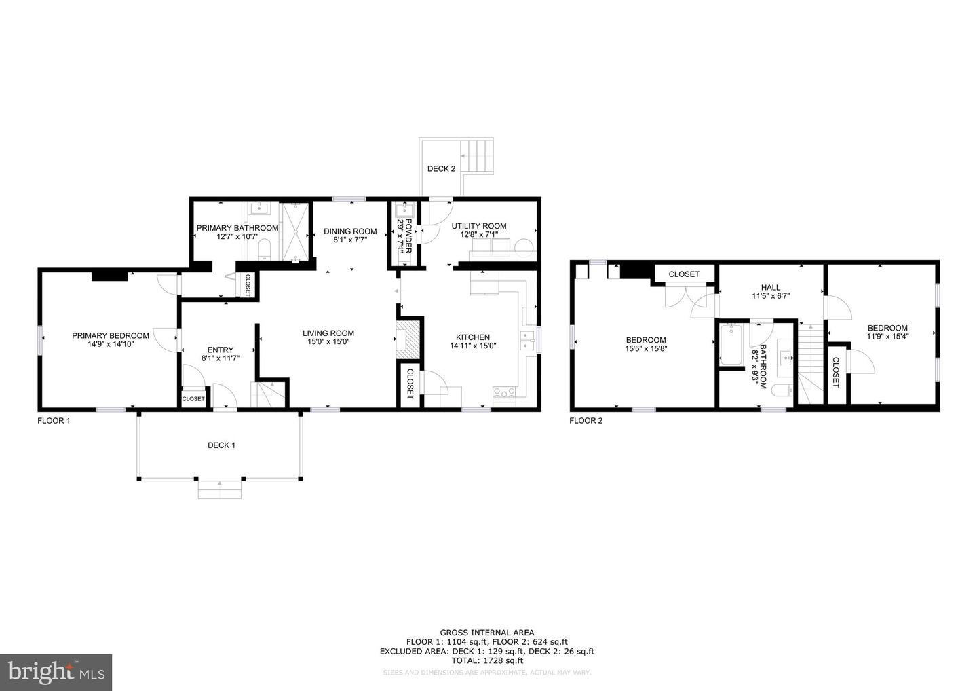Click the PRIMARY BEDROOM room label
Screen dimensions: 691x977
click(111, 335)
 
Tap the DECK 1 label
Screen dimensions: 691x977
click(221, 445)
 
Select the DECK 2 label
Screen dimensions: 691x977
click(441, 168)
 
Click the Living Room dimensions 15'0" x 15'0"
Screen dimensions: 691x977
click(328, 342)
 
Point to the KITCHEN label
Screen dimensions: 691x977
click(473, 337)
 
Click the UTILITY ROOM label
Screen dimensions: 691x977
click(479, 226)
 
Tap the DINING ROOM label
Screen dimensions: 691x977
click(350, 231)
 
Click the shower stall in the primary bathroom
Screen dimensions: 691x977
click(295, 231)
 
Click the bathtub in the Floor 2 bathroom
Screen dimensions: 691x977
click(731, 345)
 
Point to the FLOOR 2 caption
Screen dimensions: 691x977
click(586, 421)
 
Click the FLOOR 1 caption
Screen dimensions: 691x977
click(54, 421)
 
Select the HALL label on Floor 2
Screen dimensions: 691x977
click(771, 287)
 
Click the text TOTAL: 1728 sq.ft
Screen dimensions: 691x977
click(486, 660)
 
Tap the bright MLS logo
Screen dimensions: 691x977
click(56, 673)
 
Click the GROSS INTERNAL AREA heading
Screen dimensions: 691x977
click(486, 633)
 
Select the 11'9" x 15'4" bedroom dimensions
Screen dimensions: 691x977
click(887, 335)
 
